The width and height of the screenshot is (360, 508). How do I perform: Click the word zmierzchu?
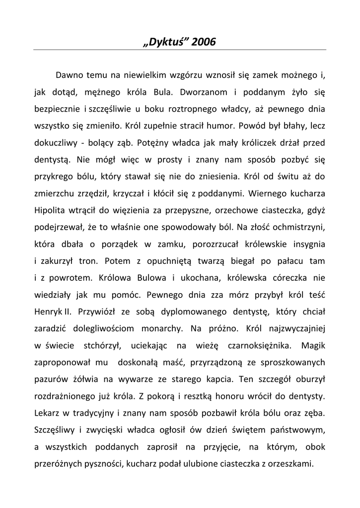[x=52, y=193]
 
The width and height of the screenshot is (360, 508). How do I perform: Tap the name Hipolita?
[x=51, y=210]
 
